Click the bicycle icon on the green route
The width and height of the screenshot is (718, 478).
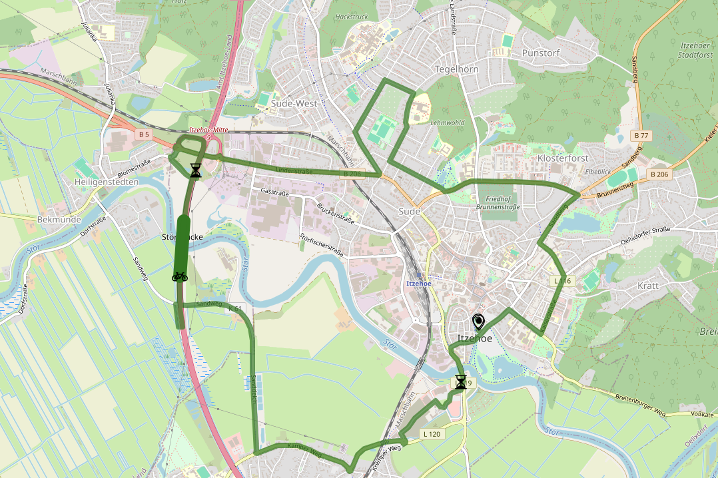(x=179, y=276)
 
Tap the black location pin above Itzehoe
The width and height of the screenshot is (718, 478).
(x=478, y=323)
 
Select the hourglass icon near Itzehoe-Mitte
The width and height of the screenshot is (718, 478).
(x=195, y=170)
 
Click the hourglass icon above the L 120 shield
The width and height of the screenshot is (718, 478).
(x=461, y=381)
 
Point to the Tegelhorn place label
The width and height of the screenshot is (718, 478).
(x=456, y=69)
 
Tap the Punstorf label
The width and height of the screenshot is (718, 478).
(x=541, y=53)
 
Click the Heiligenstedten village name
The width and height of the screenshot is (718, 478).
(x=107, y=182)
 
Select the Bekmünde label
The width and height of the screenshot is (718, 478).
(x=59, y=219)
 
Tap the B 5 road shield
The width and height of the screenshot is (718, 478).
(x=143, y=134)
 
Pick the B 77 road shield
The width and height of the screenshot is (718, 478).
(x=641, y=136)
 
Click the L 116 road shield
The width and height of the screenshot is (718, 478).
(x=563, y=280)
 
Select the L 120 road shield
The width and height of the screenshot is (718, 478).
(x=432, y=434)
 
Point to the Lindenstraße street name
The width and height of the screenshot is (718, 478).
(x=294, y=171)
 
